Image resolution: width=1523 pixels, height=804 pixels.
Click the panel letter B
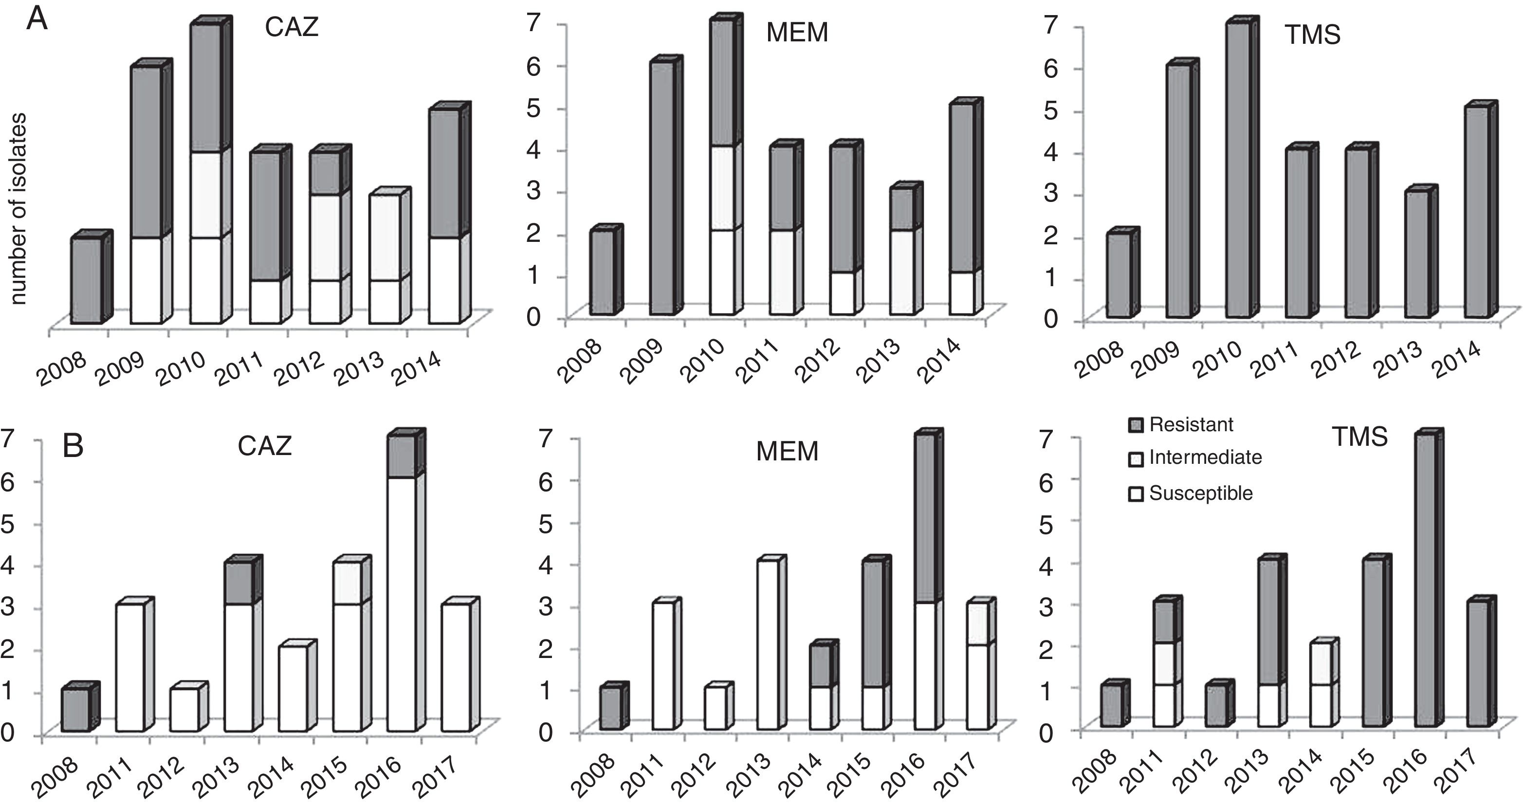point(73,447)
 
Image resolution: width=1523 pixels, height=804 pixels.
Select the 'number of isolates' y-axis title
point(18,209)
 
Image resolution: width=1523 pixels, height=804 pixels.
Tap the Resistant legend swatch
point(1136,425)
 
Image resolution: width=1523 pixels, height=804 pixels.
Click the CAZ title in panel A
point(292,28)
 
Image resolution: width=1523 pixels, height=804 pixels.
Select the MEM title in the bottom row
point(788,452)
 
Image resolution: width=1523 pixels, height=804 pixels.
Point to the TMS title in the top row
point(1312,36)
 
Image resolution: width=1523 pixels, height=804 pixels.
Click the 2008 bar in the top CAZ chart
point(86,280)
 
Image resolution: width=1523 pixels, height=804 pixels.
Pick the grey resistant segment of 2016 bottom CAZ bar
point(402,456)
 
